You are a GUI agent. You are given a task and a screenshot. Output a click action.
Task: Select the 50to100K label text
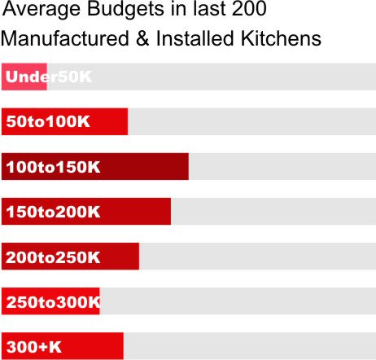[x=48, y=122]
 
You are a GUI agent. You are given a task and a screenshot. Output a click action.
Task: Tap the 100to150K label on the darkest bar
[x=53, y=167]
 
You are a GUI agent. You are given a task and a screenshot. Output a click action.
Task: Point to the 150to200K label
[x=53, y=212]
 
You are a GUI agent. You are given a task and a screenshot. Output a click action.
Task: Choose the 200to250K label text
[x=53, y=257]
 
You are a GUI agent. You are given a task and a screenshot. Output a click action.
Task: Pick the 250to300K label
[x=53, y=302]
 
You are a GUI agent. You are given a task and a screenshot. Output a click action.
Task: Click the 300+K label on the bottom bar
[x=33, y=347]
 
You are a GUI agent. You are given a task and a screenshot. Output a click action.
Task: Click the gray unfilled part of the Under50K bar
[x=212, y=77]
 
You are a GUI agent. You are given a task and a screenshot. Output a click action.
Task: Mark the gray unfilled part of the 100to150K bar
[x=282, y=167]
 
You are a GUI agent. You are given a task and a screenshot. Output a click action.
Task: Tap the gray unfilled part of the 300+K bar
[x=249, y=347]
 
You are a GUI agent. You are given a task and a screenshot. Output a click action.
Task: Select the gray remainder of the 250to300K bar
[x=237, y=302]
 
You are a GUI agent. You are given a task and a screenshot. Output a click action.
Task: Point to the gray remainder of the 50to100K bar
[x=251, y=122]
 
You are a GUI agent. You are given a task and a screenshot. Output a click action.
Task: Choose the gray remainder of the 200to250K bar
[x=257, y=257]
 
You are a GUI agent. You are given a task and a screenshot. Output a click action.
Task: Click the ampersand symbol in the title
[x=142, y=39]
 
